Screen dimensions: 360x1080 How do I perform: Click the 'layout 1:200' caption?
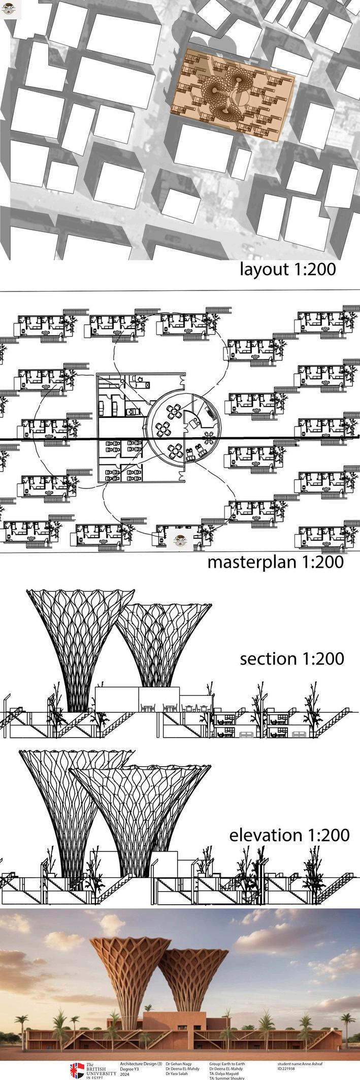coord(288,269)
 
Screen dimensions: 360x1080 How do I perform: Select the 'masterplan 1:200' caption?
coord(276,562)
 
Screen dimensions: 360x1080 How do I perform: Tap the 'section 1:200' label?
coord(292,659)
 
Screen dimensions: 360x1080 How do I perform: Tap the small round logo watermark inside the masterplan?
coord(180,540)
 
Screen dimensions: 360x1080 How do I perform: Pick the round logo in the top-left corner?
coord(8,10)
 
